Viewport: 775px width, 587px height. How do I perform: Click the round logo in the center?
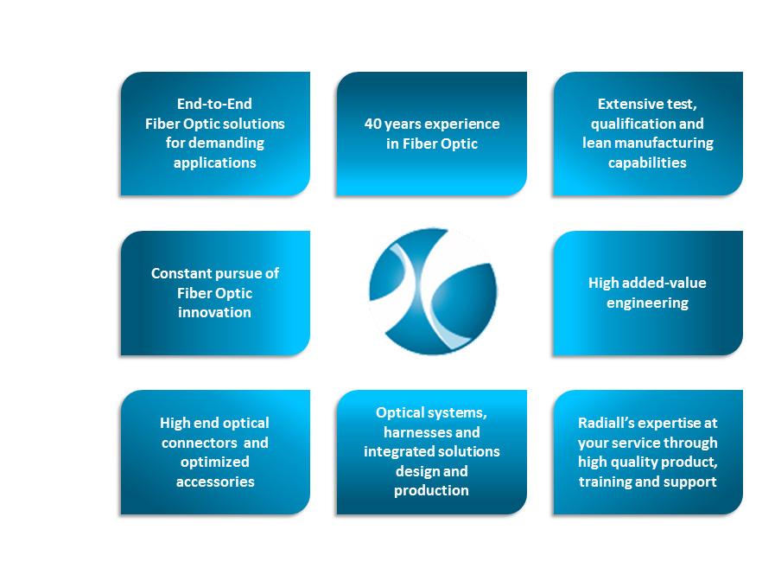[433, 291]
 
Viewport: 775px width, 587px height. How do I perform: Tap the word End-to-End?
[214, 104]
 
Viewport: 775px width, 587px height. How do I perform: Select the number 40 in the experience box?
[372, 124]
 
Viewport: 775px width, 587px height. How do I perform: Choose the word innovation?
[214, 312]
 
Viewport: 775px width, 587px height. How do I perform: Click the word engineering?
[647, 303]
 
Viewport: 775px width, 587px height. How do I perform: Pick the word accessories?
[215, 482]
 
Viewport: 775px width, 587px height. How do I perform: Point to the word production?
[431, 490]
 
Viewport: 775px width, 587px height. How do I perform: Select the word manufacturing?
[664, 143]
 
